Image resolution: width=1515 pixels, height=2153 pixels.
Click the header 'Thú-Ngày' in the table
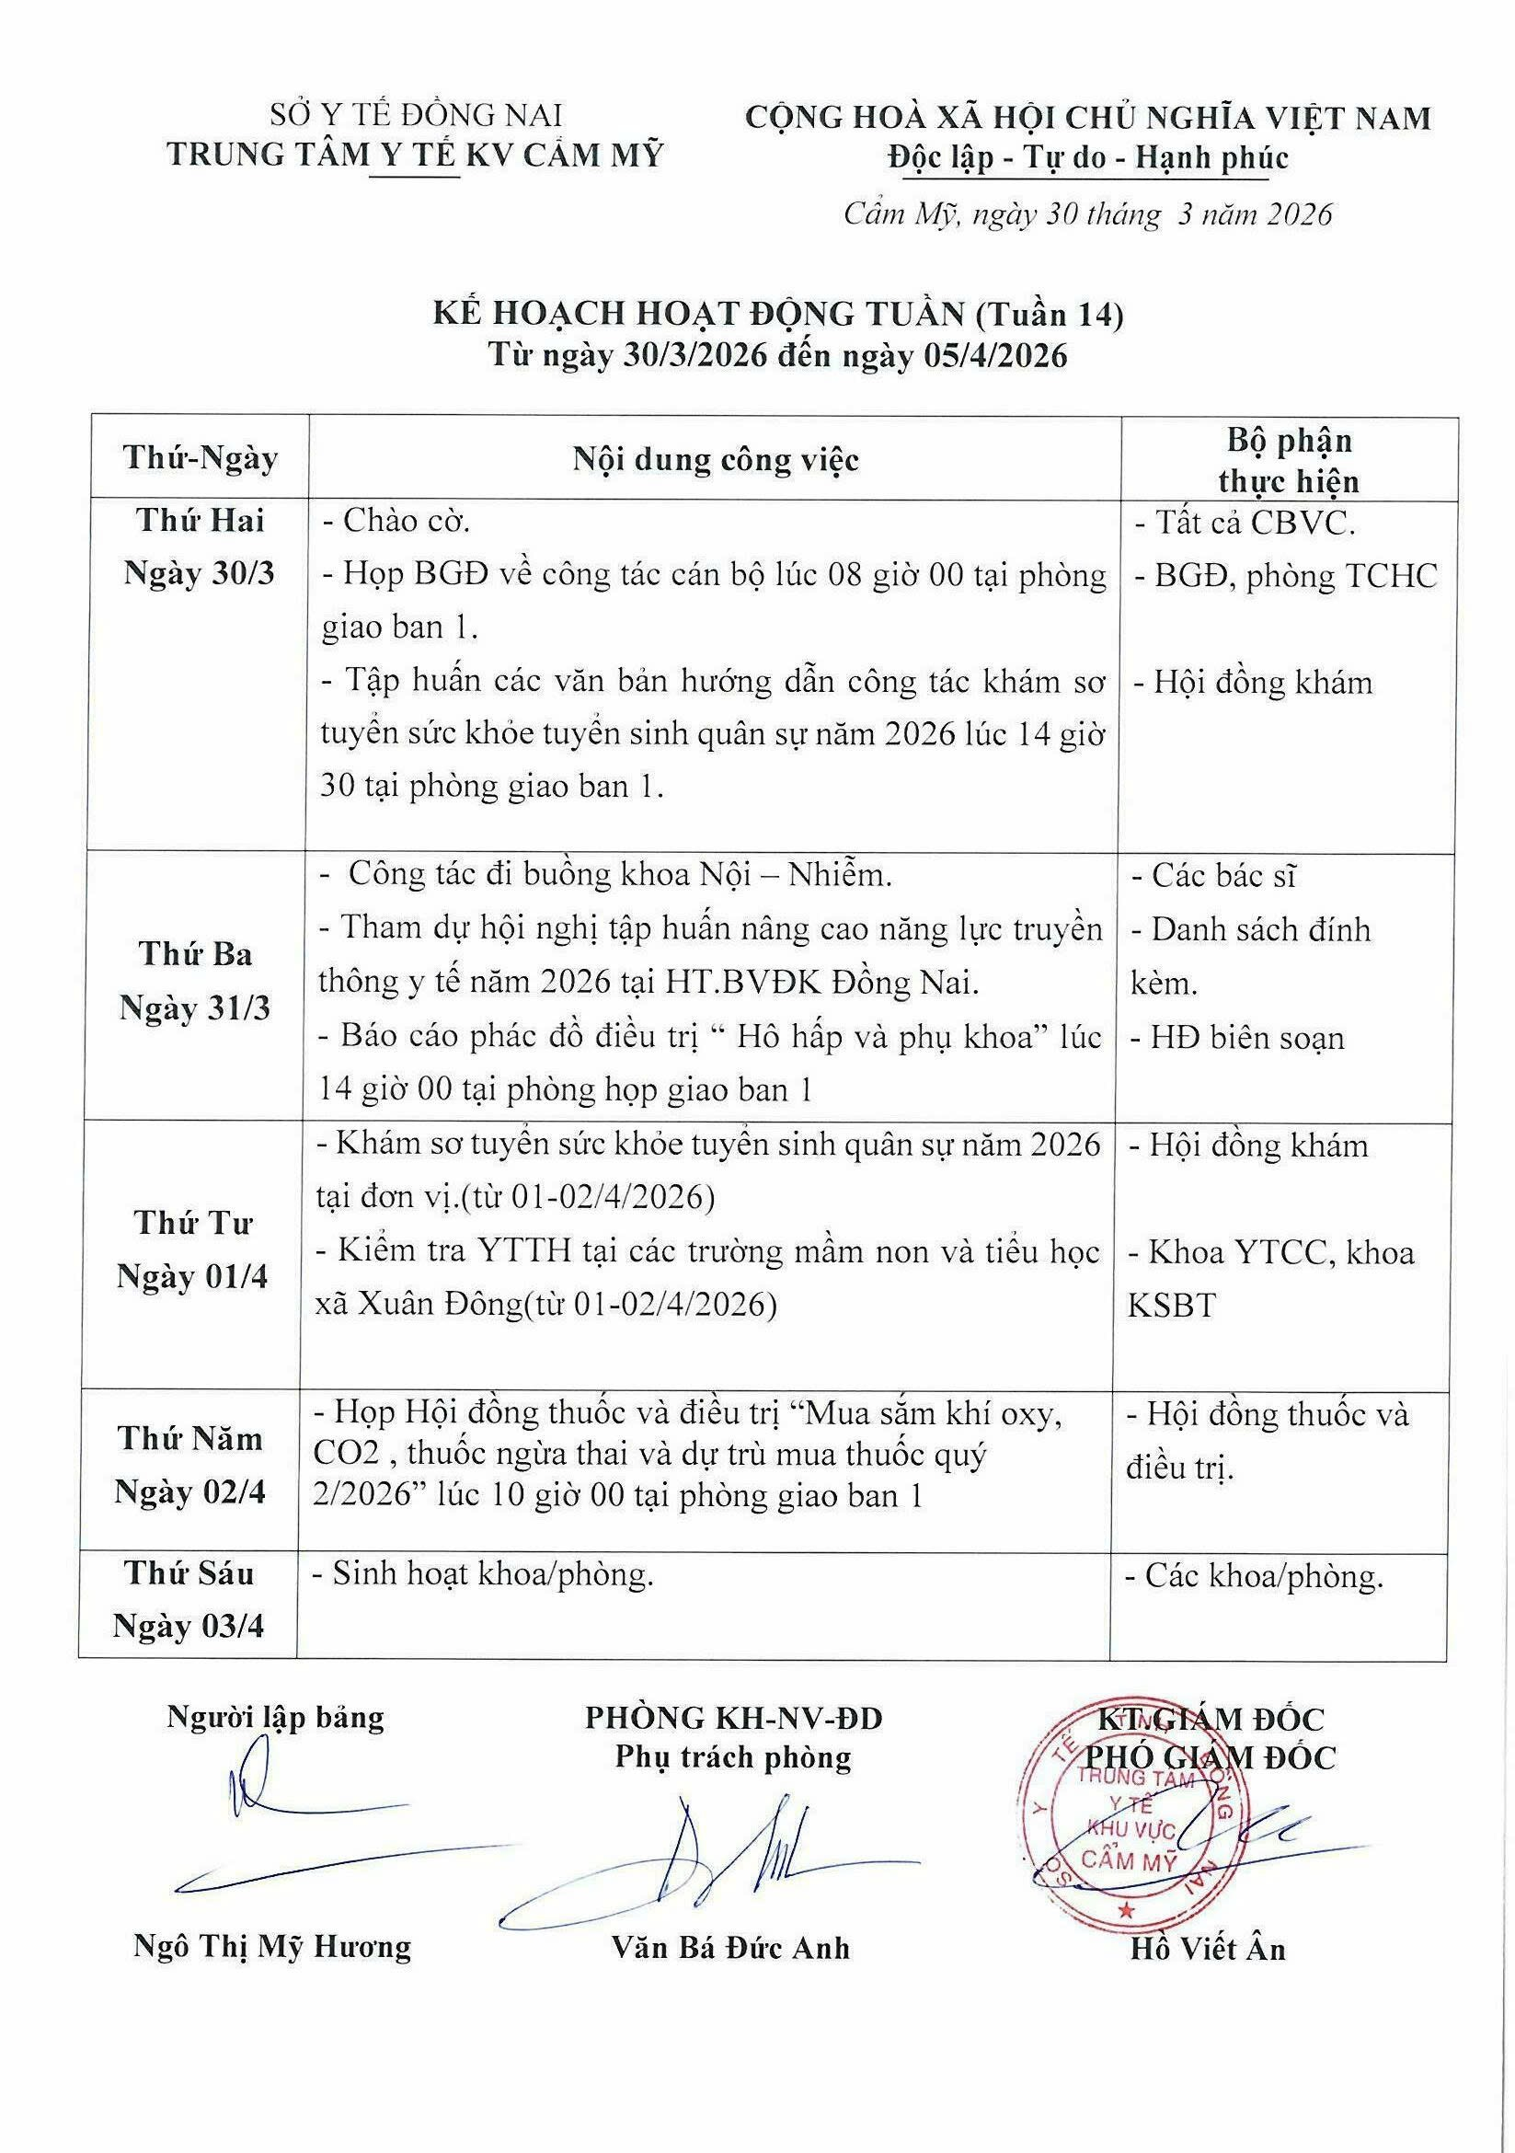[200, 458]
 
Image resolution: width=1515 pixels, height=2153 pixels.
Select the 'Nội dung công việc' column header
[716, 459]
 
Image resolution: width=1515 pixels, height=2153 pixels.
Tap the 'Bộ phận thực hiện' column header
[1288, 460]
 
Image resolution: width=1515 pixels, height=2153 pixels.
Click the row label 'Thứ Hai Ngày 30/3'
[200, 547]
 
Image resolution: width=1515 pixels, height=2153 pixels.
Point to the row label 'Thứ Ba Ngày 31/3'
[195, 981]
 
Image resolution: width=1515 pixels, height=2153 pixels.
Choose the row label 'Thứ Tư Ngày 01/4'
[192, 1250]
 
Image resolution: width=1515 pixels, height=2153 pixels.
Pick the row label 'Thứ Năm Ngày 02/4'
[190, 1465]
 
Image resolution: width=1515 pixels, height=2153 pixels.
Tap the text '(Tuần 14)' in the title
[1049, 315]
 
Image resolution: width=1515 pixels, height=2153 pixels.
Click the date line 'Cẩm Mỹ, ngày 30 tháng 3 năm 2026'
[1086, 214]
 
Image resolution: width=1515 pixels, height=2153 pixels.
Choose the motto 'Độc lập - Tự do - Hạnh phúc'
[1088, 157]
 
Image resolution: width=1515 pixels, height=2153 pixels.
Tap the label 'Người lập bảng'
[276, 1717]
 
